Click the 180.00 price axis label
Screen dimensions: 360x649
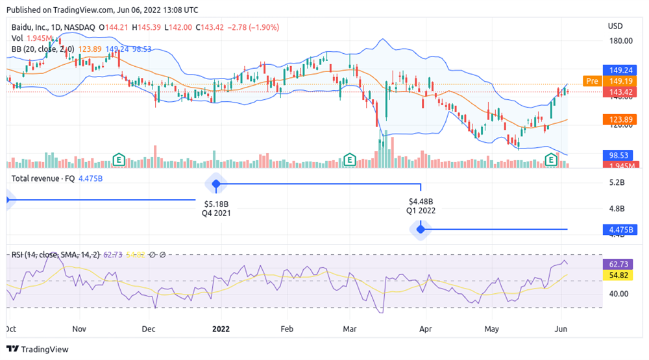coord(619,41)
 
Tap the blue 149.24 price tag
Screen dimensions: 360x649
coord(617,70)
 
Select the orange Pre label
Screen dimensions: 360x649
coord(591,81)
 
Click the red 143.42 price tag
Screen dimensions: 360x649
coord(617,91)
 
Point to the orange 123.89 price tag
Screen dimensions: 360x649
coord(617,119)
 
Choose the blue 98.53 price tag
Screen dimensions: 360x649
coord(617,156)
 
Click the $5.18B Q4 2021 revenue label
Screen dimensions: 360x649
coord(216,208)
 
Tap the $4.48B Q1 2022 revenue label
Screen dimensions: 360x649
coord(421,206)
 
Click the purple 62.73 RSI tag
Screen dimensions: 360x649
coord(617,265)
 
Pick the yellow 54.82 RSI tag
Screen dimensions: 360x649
coord(617,276)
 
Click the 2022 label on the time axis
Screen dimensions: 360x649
coord(221,328)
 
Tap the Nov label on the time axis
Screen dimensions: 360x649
coord(79,328)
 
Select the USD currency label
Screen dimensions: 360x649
coord(615,26)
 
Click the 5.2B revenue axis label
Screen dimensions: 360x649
coord(617,183)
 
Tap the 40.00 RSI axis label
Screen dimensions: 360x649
coord(618,293)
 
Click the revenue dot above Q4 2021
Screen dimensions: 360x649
coord(216,184)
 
